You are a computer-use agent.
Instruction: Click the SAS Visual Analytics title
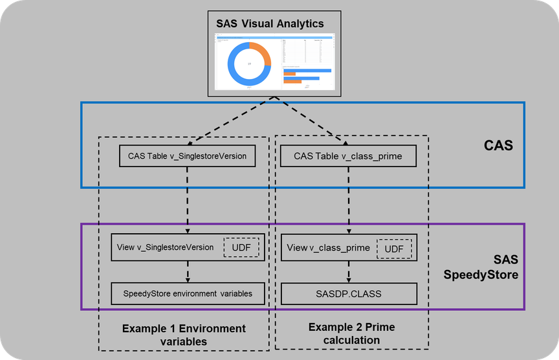pyautogui.click(x=270, y=24)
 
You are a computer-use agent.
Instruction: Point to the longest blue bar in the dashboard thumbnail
pyautogui.click(x=307, y=71)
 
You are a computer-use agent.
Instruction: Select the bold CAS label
pyautogui.click(x=498, y=146)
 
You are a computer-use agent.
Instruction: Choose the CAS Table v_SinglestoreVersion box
pyautogui.click(x=188, y=155)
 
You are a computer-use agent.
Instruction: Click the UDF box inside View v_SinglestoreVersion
pyautogui.click(x=241, y=247)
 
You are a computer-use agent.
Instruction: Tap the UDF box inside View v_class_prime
pyautogui.click(x=394, y=247)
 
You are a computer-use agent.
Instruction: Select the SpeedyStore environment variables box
pyautogui.click(x=188, y=293)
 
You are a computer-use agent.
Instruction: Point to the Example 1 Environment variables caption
pyautogui.click(x=184, y=335)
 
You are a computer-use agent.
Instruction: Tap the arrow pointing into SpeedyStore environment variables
pyautogui.click(x=188, y=271)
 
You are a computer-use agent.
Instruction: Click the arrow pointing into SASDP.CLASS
pyautogui.click(x=350, y=271)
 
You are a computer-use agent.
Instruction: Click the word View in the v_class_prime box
pyautogui.click(x=297, y=247)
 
